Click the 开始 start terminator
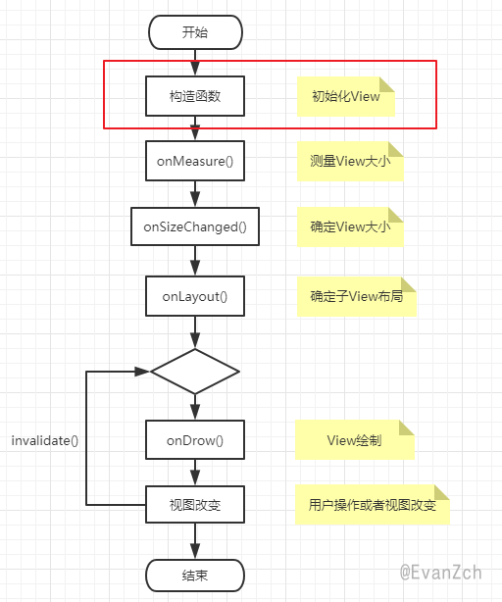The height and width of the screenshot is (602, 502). pyautogui.click(x=195, y=32)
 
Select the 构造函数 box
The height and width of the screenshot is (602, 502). pyautogui.click(x=195, y=96)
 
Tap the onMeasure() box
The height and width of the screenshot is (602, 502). pyautogui.click(x=195, y=161)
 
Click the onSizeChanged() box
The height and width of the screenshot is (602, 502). pyautogui.click(x=195, y=226)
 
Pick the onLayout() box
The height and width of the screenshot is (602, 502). pyautogui.click(x=195, y=296)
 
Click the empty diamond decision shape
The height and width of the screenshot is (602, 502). pyautogui.click(x=195, y=372)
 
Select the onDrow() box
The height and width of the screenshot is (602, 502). pyautogui.click(x=195, y=439)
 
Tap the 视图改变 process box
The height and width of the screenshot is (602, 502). pyautogui.click(x=195, y=505)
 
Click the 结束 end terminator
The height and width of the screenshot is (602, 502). pyautogui.click(x=195, y=576)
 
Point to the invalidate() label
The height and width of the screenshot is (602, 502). pyautogui.click(x=45, y=440)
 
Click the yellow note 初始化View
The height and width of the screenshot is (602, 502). pyautogui.click(x=346, y=96)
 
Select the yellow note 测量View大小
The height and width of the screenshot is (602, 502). pyautogui.click(x=350, y=161)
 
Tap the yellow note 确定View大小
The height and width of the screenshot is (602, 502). pyautogui.click(x=350, y=226)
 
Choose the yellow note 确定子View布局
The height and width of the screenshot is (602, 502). pyautogui.click(x=357, y=296)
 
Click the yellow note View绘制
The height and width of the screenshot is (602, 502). pyautogui.click(x=355, y=440)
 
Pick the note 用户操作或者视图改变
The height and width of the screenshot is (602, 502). pyautogui.click(x=373, y=505)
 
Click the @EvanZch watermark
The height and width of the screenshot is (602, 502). pyautogui.click(x=440, y=572)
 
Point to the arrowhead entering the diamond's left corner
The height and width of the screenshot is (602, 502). pyautogui.click(x=142, y=372)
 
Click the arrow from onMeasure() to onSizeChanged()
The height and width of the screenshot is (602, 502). pyautogui.click(x=195, y=194)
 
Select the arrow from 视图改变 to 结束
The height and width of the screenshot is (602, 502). pyautogui.click(x=195, y=541)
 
